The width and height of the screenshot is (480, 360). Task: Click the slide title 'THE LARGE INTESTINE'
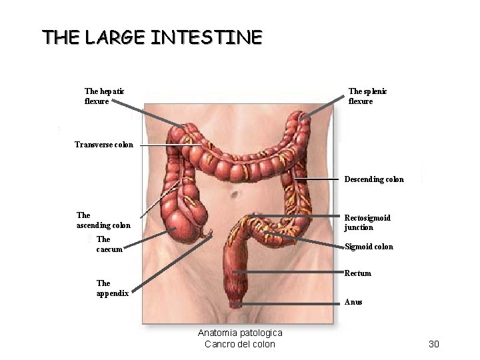pos(152,37)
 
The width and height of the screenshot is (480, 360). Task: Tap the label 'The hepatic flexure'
pos(104,96)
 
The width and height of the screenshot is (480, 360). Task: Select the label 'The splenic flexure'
pos(367,96)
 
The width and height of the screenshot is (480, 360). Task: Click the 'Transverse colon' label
pos(103,145)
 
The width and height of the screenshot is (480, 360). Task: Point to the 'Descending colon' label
pos(373,179)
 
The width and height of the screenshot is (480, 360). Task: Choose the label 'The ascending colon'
pos(103,220)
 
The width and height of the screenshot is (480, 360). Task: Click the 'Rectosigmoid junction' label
pos(367,223)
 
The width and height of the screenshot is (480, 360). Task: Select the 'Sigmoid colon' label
pos(369,247)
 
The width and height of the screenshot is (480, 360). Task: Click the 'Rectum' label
pos(357,273)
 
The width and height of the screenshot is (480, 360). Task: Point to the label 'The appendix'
pos(112,288)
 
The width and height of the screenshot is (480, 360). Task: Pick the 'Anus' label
pos(353,302)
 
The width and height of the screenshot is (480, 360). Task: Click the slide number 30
pos(434,344)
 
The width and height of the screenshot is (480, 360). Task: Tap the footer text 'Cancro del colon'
pos(239,344)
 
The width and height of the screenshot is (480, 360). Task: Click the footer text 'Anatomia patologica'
pos(240,333)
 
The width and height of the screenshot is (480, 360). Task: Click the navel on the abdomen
pos(235,194)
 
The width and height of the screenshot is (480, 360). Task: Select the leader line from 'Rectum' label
pos(293,273)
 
